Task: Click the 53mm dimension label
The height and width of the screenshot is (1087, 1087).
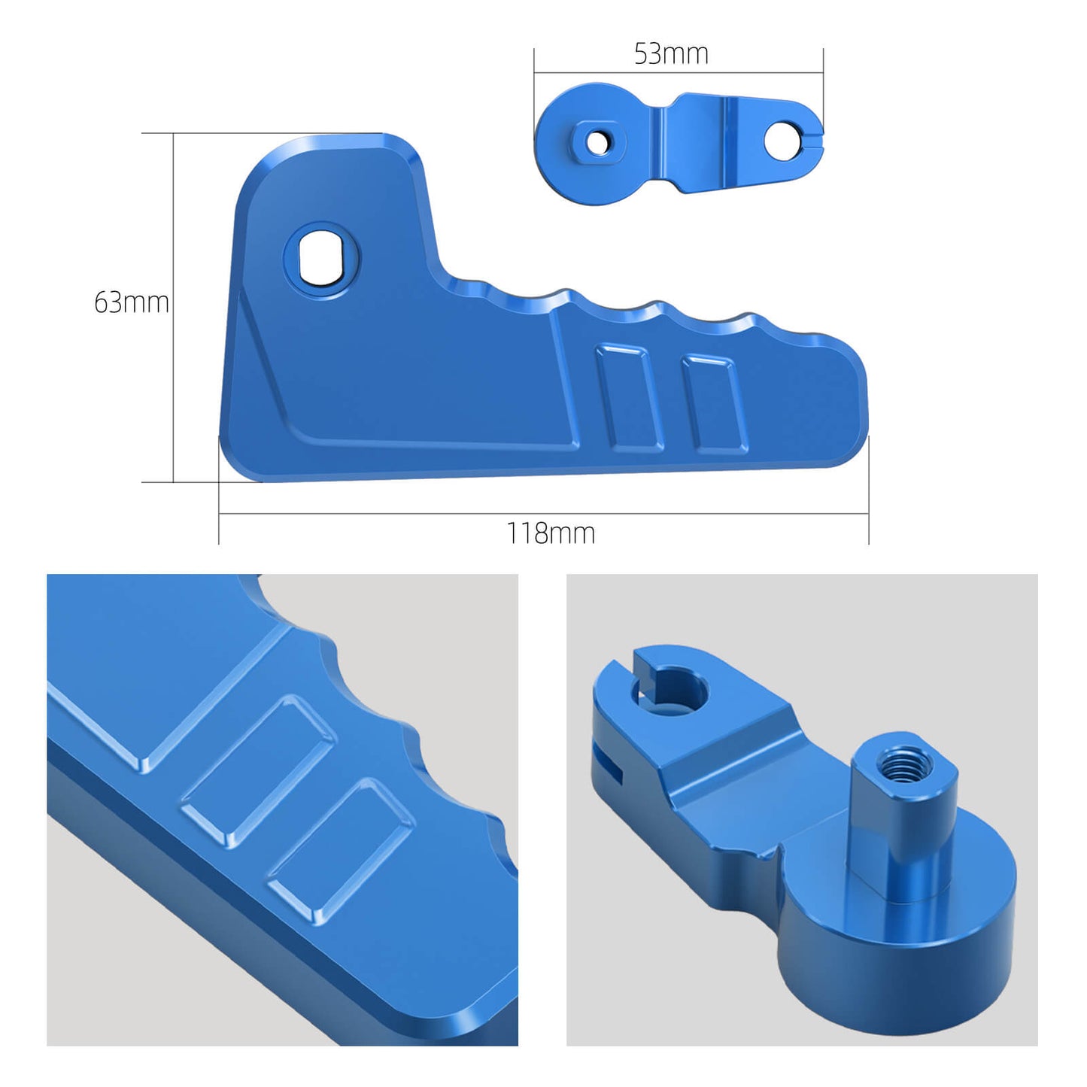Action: click(671, 54)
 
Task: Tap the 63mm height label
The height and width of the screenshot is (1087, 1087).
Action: click(131, 302)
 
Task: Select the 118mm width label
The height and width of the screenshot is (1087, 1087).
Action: click(551, 533)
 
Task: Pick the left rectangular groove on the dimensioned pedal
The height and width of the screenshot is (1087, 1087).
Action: click(630, 398)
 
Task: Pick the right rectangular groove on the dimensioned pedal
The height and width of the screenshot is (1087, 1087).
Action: click(715, 404)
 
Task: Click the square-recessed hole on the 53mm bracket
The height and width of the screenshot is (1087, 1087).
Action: click(597, 141)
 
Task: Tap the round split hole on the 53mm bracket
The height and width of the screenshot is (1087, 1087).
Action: click(782, 140)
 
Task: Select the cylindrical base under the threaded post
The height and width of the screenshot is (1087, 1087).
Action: click(895, 948)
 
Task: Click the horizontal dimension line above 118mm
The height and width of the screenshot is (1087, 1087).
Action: click(543, 515)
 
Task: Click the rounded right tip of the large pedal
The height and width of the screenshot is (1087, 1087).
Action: click(854, 406)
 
